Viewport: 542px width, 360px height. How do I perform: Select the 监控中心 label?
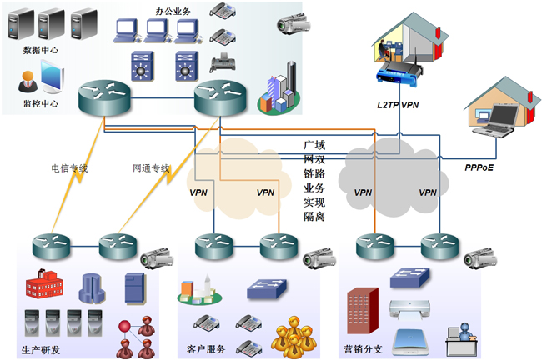(41, 103)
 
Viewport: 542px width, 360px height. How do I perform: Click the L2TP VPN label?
(397, 105)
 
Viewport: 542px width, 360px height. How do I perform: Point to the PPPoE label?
(480, 167)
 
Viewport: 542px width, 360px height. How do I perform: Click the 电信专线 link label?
(70, 168)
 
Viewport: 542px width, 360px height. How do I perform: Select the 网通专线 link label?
(152, 168)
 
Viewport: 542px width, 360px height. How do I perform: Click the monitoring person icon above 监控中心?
(30, 82)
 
